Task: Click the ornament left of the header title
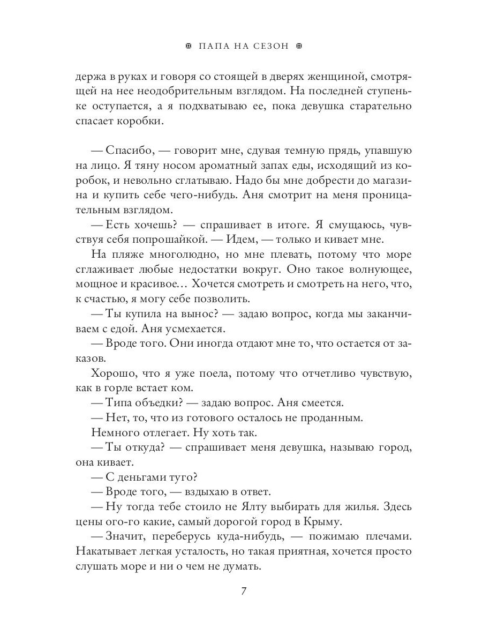click(187, 46)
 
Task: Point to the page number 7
click(244, 592)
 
